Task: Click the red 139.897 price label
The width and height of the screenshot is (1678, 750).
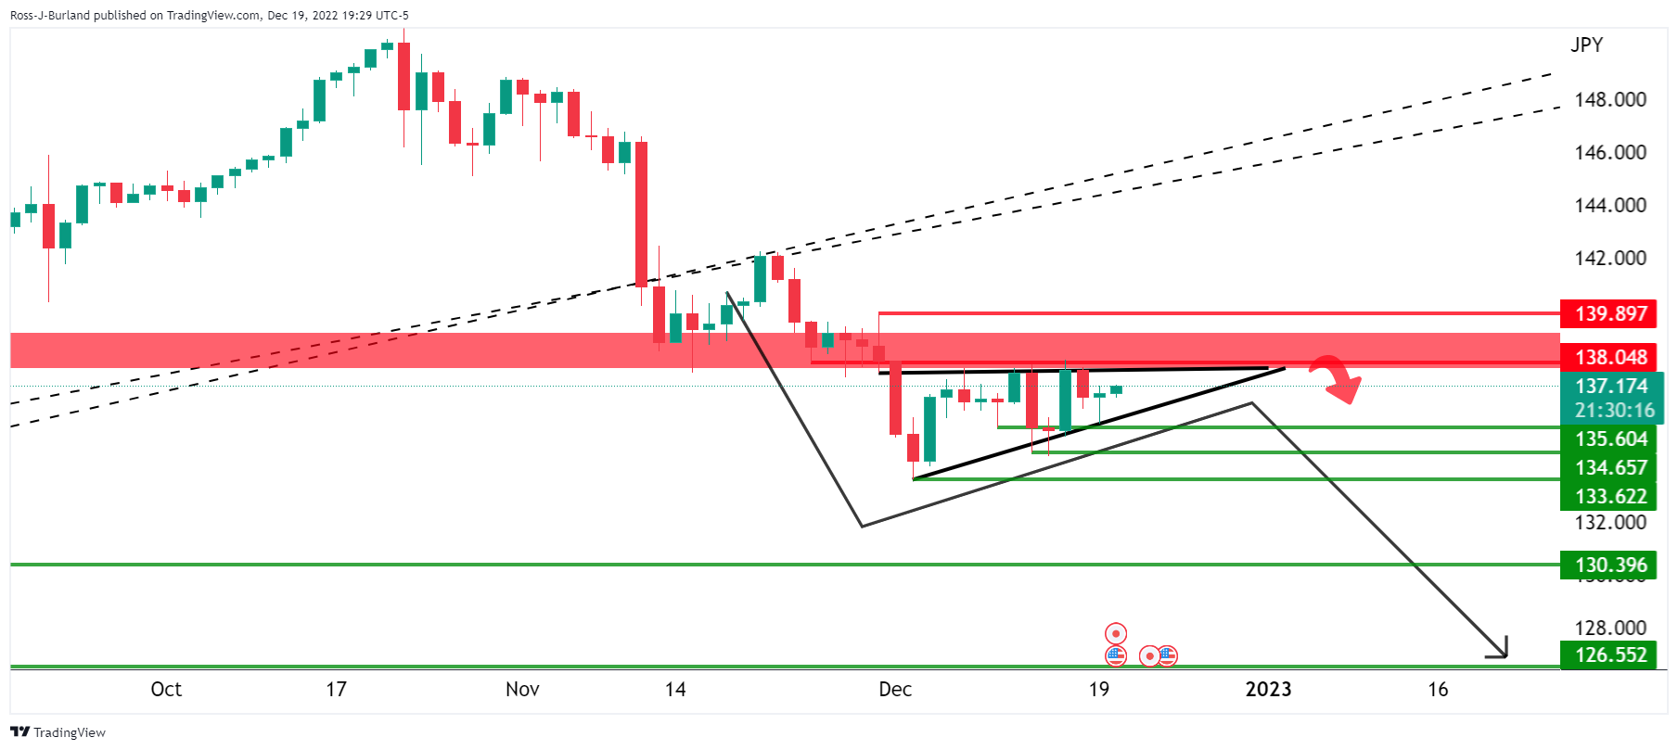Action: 1610,313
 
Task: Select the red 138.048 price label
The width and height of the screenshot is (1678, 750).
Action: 1610,357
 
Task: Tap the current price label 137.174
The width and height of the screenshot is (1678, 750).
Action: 1610,386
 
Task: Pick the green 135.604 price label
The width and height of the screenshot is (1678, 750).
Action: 1610,439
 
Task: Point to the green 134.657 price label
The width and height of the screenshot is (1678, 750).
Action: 1610,467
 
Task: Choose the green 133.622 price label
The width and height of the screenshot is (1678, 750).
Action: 1610,496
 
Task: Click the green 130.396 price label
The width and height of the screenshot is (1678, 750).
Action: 1610,565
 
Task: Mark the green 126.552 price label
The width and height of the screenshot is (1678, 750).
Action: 1610,655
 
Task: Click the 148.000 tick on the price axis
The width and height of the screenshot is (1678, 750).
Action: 1610,99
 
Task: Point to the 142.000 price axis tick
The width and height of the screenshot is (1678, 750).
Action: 1610,258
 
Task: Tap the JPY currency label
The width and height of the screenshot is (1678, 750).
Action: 1586,44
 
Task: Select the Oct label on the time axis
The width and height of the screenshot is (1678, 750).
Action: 166,689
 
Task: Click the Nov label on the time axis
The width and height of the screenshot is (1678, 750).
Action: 522,689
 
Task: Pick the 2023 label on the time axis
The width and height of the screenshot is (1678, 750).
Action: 1268,689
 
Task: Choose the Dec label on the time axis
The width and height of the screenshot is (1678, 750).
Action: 895,689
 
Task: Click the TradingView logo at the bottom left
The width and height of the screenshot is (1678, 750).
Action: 58,732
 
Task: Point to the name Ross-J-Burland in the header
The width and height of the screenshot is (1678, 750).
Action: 52,15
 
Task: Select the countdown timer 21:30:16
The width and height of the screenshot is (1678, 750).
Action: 1614,410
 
